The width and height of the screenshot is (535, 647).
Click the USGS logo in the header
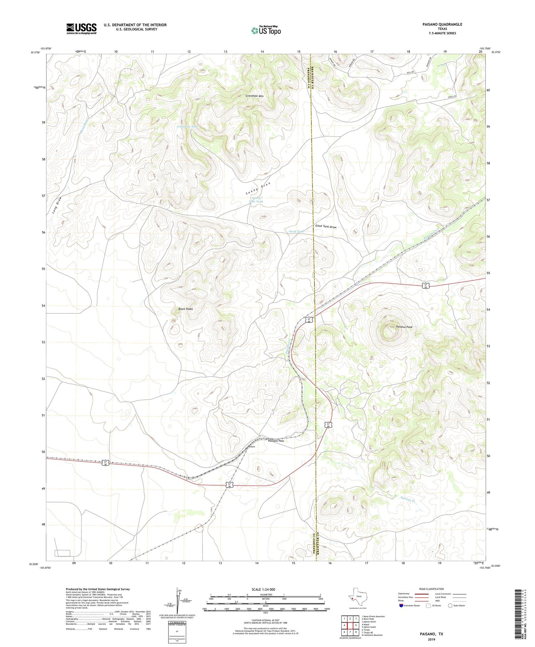click(81, 29)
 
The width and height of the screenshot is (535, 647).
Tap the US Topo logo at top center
click(266, 31)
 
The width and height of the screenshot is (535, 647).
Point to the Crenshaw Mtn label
click(255, 96)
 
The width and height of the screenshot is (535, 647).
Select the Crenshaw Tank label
click(187, 127)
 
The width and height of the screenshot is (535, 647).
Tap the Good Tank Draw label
click(326, 227)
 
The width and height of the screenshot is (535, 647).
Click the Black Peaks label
click(185, 309)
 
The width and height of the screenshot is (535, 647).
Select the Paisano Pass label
click(276, 441)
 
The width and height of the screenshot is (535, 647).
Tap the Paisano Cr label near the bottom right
click(408, 499)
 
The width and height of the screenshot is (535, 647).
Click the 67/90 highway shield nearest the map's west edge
click(106, 463)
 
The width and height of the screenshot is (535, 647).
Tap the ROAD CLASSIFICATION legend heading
click(432, 589)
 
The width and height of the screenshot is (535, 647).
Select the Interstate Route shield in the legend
click(402, 605)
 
